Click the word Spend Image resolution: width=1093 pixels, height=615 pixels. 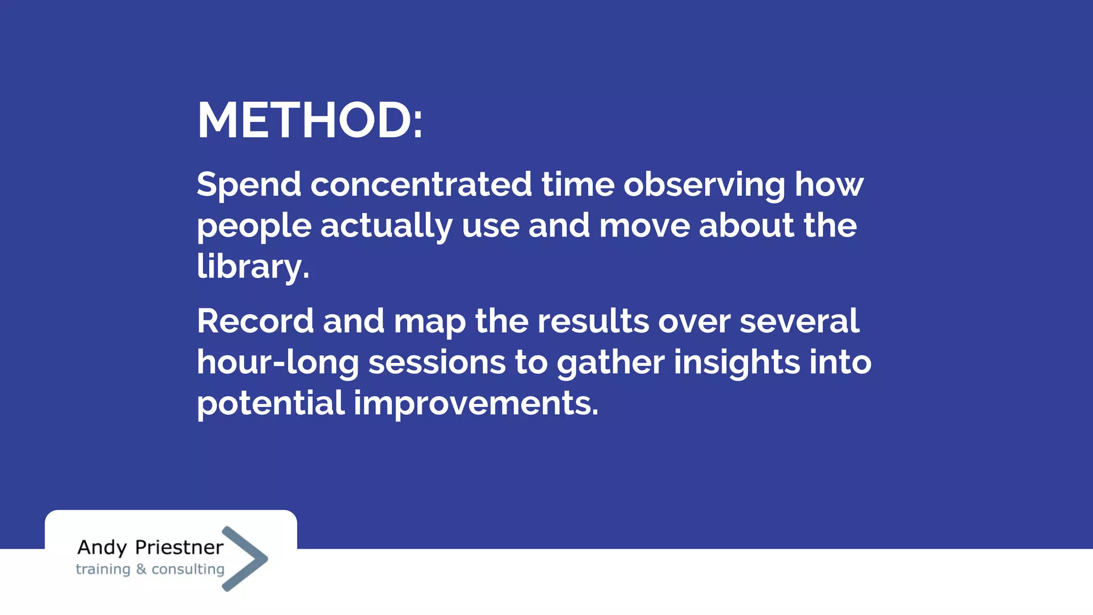point(249,185)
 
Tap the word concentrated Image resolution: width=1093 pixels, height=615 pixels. point(421,185)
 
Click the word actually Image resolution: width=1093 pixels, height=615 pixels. point(386,226)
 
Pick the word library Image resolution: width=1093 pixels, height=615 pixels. point(252,267)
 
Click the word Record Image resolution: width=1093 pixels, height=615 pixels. point(255,321)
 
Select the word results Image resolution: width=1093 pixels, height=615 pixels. point(592,321)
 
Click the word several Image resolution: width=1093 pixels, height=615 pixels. point(799,321)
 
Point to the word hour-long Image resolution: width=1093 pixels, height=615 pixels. point(278,363)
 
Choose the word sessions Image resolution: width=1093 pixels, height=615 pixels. point(437,363)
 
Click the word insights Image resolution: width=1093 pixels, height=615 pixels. point(736,363)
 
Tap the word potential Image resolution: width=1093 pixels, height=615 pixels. point(271,404)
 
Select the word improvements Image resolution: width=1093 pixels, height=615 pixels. point(476,404)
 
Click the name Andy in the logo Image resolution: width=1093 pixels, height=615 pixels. point(102,548)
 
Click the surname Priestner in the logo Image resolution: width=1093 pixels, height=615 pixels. point(179,547)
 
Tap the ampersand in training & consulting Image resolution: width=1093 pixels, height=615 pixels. point(141,569)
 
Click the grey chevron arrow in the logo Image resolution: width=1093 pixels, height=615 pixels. point(251,558)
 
